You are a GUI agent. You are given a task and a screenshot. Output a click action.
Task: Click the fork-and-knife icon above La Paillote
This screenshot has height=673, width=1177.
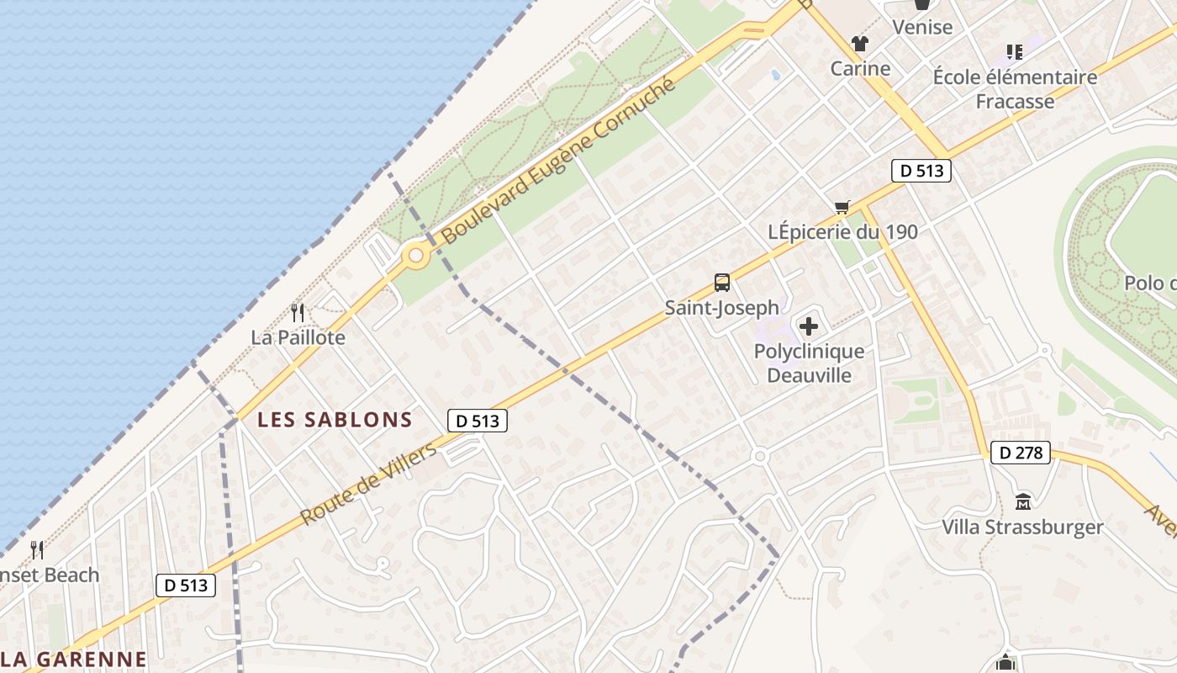pyautogui.click(x=298, y=313)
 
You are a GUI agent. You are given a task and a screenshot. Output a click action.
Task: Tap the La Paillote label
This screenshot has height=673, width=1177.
pyautogui.click(x=298, y=337)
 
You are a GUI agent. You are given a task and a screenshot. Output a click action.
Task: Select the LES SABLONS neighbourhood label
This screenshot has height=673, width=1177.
pyautogui.click(x=335, y=419)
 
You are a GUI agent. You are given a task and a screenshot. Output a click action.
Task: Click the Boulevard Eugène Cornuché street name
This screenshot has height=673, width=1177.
pyautogui.click(x=558, y=160)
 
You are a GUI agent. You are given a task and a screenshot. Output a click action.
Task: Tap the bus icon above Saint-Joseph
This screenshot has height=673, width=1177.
pyautogui.click(x=721, y=283)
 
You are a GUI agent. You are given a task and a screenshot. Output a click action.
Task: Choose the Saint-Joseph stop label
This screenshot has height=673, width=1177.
pyautogui.click(x=721, y=308)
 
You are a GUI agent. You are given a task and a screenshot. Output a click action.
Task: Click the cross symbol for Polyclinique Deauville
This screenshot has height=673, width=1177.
pyautogui.click(x=809, y=326)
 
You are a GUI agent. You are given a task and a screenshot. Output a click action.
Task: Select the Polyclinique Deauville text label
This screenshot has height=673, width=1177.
pyautogui.click(x=809, y=363)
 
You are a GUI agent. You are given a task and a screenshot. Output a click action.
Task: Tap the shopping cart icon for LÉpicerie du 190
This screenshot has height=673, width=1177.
pyautogui.click(x=842, y=207)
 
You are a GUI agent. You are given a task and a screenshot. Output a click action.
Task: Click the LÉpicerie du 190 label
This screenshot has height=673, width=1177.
pyautogui.click(x=842, y=231)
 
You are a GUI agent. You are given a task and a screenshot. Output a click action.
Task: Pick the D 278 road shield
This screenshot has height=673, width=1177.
pyautogui.click(x=1021, y=453)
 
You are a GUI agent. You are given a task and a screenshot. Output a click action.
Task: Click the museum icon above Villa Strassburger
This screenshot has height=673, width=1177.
pyautogui.click(x=1023, y=502)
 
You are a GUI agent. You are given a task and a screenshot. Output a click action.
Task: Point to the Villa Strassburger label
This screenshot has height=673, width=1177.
pyautogui.click(x=1022, y=527)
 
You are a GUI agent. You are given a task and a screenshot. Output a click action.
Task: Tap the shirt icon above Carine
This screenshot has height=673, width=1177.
pyautogui.click(x=859, y=44)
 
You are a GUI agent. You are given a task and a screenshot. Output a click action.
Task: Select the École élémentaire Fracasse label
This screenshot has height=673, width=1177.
pyautogui.click(x=1015, y=89)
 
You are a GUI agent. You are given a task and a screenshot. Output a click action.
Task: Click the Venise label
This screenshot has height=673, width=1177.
pyautogui.click(x=922, y=27)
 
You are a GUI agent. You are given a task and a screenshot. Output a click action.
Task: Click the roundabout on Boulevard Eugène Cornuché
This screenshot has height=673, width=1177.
pyautogui.click(x=414, y=255)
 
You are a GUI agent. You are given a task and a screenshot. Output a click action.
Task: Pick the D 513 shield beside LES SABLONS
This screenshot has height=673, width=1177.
pyautogui.click(x=477, y=421)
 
